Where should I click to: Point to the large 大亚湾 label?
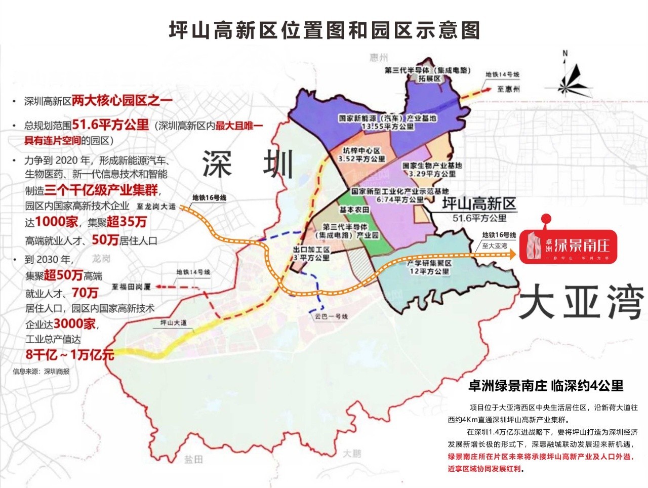(581, 302)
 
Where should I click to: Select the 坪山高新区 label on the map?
(478, 205)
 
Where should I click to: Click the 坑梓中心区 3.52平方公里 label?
(361, 154)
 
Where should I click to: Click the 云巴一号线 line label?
(331, 316)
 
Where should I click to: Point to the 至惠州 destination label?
(508, 89)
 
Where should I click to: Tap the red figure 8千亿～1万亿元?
(70, 354)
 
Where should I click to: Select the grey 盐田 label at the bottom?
(193, 459)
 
